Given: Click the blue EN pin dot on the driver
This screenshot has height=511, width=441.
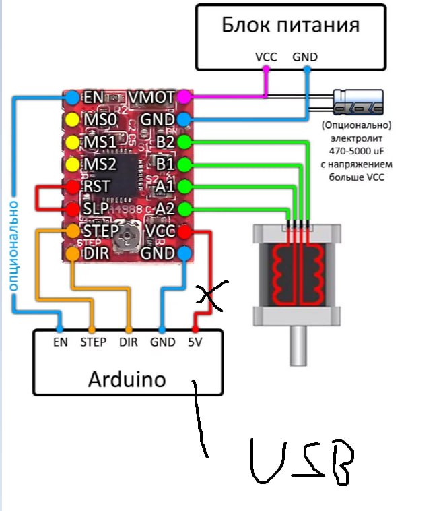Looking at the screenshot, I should [72, 98].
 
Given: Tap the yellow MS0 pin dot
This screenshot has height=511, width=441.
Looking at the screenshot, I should [72, 120].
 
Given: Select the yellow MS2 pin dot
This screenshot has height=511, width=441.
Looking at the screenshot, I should [72, 164].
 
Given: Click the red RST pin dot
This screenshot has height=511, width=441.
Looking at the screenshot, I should [72, 187].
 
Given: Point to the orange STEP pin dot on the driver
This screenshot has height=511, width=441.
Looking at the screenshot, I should [72, 231].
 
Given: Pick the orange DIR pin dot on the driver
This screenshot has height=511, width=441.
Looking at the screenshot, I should [72, 253].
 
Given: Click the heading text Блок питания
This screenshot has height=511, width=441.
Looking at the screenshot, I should [290, 26].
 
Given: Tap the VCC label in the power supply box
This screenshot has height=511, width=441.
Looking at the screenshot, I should [267, 57].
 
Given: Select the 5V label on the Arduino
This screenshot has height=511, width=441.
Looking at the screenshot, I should [195, 342].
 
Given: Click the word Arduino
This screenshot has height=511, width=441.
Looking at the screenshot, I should [127, 378].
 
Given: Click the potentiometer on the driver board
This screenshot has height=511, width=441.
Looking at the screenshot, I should [129, 233].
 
